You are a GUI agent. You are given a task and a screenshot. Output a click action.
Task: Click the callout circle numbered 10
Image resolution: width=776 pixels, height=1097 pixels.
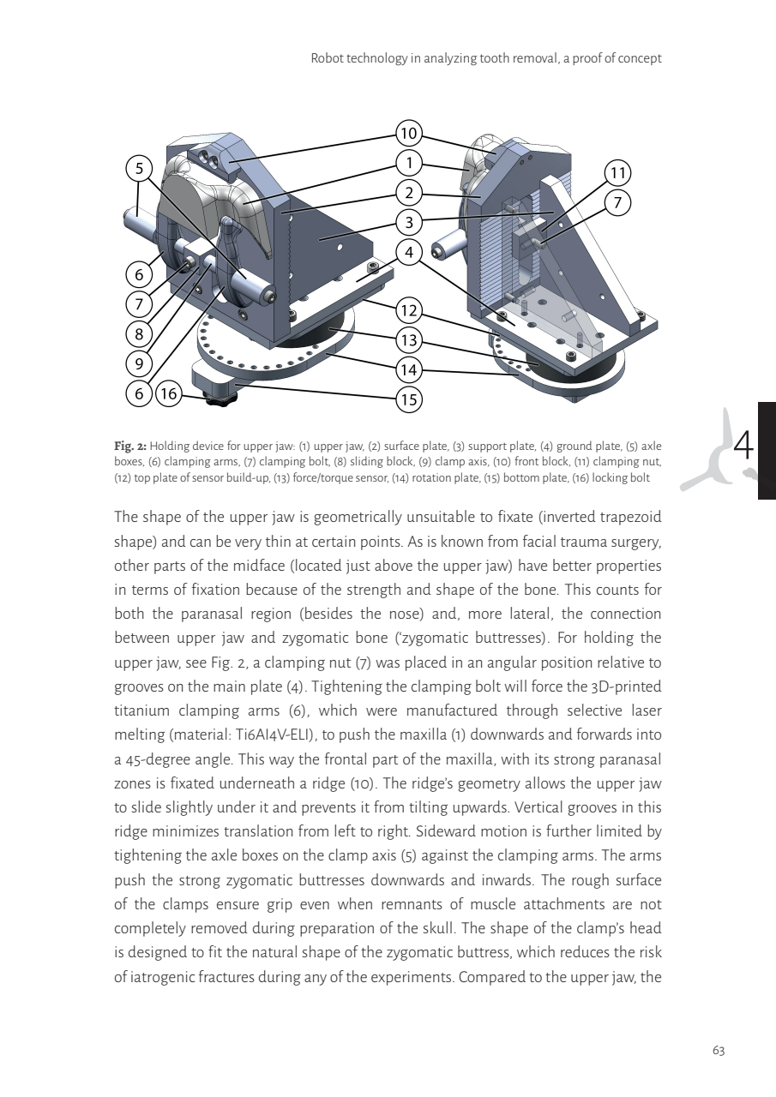(409, 133)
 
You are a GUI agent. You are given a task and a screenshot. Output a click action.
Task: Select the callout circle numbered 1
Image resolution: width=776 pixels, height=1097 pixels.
(409, 163)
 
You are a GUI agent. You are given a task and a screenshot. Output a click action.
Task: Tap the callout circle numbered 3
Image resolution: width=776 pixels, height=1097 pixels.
(409, 223)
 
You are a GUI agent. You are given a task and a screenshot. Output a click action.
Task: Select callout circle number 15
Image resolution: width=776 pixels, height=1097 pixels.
(409, 399)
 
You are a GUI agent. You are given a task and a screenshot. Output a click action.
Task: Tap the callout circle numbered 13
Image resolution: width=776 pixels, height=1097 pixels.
(409, 340)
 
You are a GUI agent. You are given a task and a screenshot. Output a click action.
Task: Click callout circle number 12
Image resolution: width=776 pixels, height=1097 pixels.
(409, 310)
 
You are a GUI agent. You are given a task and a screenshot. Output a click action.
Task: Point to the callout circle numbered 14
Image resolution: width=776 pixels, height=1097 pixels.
(409, 370)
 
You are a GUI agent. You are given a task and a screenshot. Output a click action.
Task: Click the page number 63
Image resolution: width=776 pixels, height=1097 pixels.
(719, 1051)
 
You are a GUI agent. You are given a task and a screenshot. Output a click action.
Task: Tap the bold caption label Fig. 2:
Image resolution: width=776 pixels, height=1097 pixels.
(130, 446)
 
